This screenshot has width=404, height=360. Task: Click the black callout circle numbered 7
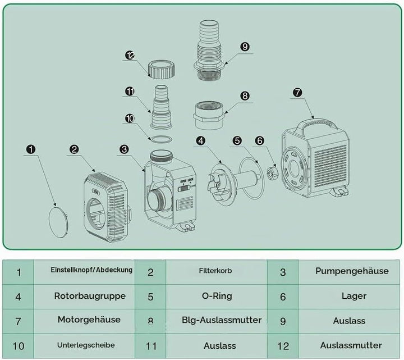[297, 92]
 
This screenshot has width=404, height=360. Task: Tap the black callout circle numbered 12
[130, 55]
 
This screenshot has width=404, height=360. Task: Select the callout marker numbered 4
[201, 140]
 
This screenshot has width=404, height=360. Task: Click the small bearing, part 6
[272, 174]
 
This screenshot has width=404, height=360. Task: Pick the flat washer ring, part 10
[162, 139]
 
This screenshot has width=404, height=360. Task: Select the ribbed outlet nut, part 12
[162, 69]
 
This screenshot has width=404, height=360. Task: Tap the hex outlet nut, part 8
[209, 115]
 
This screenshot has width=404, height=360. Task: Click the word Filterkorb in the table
[215, 271]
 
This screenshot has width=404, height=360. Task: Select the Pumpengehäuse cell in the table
[352, 271]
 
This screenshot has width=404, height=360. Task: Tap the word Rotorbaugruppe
[90, 296]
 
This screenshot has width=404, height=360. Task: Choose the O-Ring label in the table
[217, 296]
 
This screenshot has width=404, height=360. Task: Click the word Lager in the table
[354, 296]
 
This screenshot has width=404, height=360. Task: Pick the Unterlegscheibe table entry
[86, 345]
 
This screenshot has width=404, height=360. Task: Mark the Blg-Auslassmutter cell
[222, 320]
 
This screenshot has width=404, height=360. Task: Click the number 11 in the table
[151, 346]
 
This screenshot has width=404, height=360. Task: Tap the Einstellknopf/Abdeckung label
[91, 270]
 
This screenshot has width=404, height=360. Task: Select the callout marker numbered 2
[74, 149]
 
